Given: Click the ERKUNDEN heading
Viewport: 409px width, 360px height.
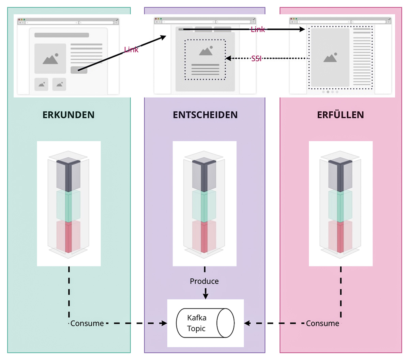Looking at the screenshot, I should (x=69, y=115).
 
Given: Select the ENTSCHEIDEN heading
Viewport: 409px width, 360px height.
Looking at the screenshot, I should (x=205, y=115).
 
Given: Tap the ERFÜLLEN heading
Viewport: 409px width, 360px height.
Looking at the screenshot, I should (x=340, y=115).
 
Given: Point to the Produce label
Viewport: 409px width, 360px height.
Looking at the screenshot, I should (x=204, y=281).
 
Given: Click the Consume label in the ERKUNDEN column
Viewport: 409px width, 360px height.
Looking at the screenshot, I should (x=87, y=323).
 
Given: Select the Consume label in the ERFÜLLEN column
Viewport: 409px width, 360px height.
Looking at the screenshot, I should (x=322, y=323).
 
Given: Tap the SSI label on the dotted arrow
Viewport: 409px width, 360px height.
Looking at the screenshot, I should (x=256, y=59).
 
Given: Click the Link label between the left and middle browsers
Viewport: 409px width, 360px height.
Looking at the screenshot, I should (x=131, y=50).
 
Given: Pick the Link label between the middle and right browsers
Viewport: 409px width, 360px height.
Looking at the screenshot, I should (x=258, y=30).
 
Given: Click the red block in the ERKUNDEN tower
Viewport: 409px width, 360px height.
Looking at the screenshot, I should (x=69, y=237).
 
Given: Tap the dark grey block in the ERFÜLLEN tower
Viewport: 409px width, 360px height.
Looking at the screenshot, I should (x=340, y=175).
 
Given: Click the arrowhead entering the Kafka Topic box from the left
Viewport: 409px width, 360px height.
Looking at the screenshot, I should (x=164, y=323).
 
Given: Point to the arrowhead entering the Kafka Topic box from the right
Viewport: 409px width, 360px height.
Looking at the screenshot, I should (x=247, y=323).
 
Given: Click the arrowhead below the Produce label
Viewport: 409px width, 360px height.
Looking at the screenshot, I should (x=206, y=296).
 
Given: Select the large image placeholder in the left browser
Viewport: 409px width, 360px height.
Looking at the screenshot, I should (x=50, y=59).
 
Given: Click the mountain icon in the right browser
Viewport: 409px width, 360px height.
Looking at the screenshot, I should (x=330, y=58).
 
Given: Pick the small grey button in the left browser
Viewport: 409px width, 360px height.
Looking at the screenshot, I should (x=79, y=70).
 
